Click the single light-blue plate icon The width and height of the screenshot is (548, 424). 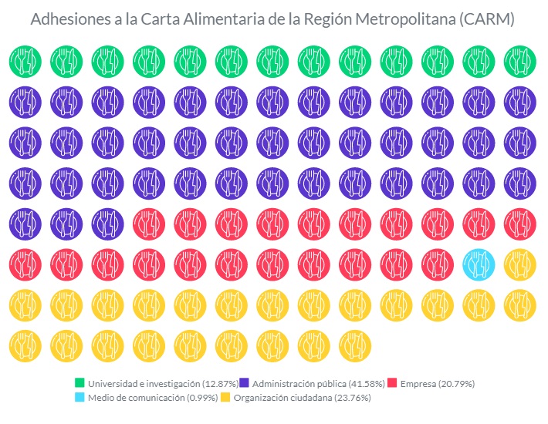click(x=479, y=264)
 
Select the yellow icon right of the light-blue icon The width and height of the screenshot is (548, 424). click(x=519, y=264)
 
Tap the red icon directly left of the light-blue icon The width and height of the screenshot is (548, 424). click(x=437, y=264)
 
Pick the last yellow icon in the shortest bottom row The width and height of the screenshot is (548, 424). click(x=354, y=346)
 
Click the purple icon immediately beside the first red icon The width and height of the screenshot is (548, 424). click(x=107, y=224)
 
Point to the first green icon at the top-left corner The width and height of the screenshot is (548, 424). click(x=24, y=60)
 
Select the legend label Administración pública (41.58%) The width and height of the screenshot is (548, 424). click(x=313, y=383)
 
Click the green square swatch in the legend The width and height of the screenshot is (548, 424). click(x=79, y=383)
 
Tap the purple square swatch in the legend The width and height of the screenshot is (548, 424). click(x=244, y=383)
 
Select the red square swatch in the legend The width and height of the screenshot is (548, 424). click(x=392, y=383)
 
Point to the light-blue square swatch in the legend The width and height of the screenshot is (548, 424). click(x=79, y=398)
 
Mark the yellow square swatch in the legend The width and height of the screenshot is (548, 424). click(x=225, y=398)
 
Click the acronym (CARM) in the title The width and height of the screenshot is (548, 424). click(x=485, y=20)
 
